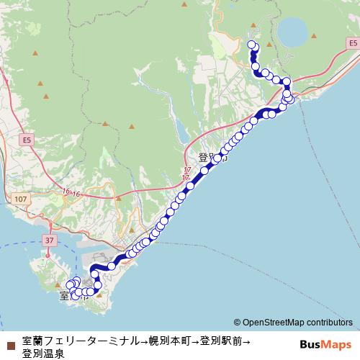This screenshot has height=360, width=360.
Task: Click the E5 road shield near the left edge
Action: [27, 139]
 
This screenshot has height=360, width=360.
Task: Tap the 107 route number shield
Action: [19, 198]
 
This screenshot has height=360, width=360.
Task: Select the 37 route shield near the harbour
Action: [49, 240]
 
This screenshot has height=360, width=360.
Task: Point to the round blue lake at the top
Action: [291, 31]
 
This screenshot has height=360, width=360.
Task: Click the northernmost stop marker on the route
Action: [252, 45]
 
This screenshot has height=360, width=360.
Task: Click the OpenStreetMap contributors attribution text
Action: [293, 323]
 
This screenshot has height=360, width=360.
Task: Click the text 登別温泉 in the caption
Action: [43, 354]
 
